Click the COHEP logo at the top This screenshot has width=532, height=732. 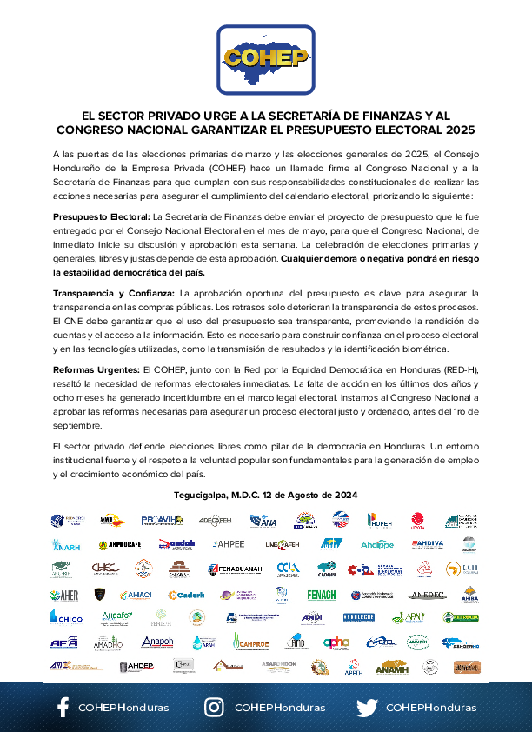pos(265,58)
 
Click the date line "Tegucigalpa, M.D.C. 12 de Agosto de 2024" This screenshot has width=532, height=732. pos(265,495)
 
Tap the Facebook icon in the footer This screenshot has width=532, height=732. pos(63,707)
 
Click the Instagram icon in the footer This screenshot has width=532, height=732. pos(214,707)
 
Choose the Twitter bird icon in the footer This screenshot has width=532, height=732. pos(367,707)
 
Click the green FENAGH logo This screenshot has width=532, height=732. pos(321,595)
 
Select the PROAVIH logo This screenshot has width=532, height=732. pos(162,521)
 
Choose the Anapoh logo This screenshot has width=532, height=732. pos(157,642)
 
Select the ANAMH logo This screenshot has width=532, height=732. pos(391,667)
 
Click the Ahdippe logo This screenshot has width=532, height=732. pos(377,545)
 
